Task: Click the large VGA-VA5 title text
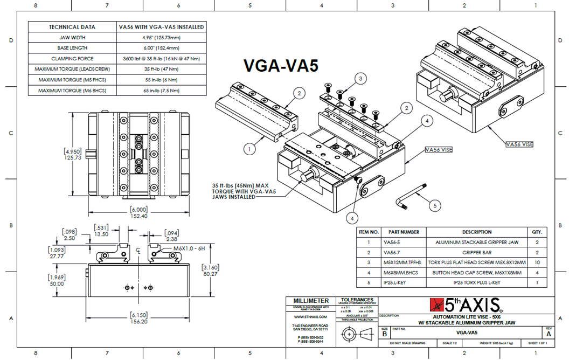click(x=280, y=65)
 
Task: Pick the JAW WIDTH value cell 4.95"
click(x=161, y=38)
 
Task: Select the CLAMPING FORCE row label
click(x=72, y=58)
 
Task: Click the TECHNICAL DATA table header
click(x=72, y=27)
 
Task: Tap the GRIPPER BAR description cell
click(x=476, y=252)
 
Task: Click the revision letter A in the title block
click(x=549, y=334)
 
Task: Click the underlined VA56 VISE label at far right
click(x=519, y=144)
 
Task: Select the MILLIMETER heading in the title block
click(x=311, y=300)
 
